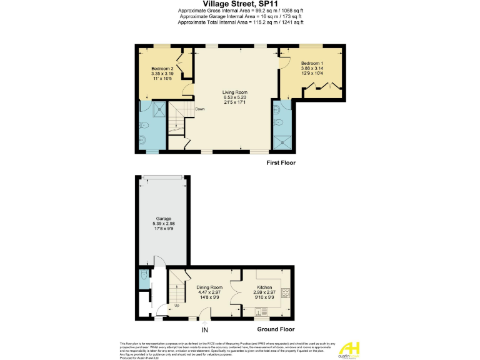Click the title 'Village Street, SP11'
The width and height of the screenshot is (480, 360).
240,4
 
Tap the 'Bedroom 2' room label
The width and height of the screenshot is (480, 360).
162,69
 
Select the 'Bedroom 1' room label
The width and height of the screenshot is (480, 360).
311,64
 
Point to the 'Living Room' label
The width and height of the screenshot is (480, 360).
235,92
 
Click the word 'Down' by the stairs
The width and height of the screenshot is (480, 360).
200,109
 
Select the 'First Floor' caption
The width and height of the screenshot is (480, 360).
280,163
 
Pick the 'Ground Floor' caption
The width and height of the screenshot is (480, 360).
276,329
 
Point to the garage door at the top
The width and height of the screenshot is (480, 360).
162,177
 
